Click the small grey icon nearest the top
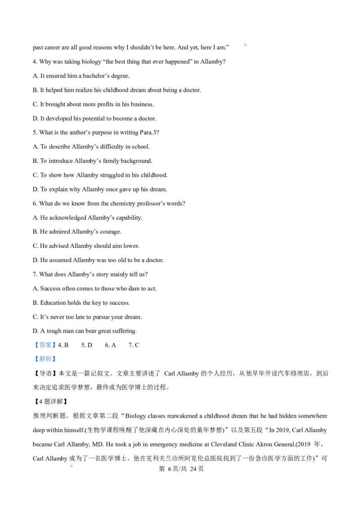coord(245,45)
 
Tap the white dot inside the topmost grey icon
coord(245,45)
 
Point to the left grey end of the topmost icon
coord(242,45)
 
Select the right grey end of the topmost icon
coord(247,45)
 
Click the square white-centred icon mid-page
coord(130,288)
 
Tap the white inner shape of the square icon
coord(130,288)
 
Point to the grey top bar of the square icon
coord(130,285)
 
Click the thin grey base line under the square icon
coord(130,291)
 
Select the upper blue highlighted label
coord(45,345)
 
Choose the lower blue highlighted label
coord(45,358)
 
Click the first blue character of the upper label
coord(37,345)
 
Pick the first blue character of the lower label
coord(37,359)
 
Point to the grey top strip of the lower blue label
coord(45,354)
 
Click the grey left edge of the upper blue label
coord(33,345)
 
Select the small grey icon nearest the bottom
coord(72,466)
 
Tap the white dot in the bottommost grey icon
coord(71,466)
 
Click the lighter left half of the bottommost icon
coord(70,466)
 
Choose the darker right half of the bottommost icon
coord(74,466)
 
